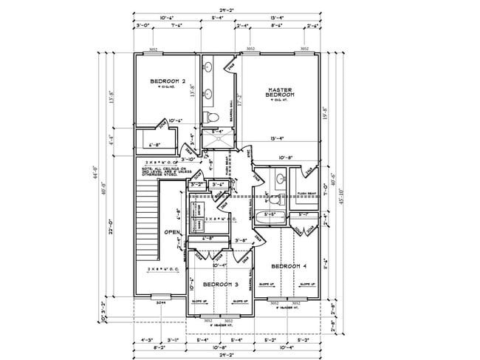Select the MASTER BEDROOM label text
tap(281, 92)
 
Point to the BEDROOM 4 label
tap(288, 265)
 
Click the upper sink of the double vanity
tap(209, 69)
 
